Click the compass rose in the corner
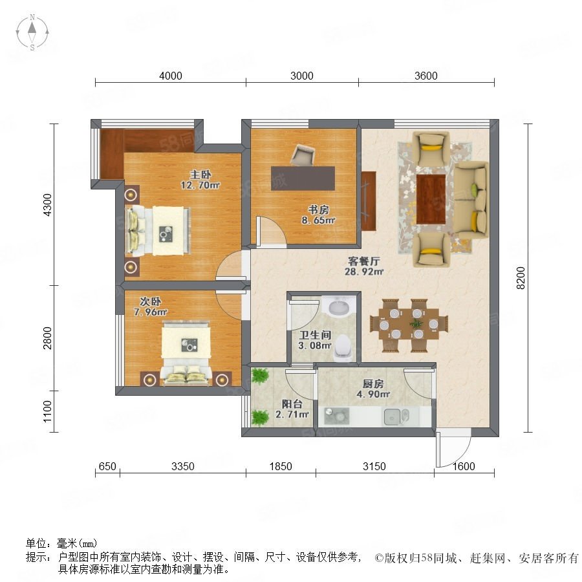pos(32,32)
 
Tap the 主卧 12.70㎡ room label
pos(200,180)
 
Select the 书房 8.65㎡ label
pos(318,215)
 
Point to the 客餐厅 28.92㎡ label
pos(363,266)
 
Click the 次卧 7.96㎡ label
pos(150,307)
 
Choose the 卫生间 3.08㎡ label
pos(315,340)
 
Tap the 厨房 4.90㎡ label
pos(373,389)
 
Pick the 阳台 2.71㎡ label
pos(292,409)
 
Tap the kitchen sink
pos(396,416)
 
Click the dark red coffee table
pos(431,199)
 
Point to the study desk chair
pos(302,155)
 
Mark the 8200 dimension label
pos(521,278)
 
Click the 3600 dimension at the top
pos(426,76)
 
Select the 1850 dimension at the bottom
pos(281,466)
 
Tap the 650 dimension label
pos(107,466)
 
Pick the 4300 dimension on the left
pos(47,205)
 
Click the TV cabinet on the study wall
pos(369,201)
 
